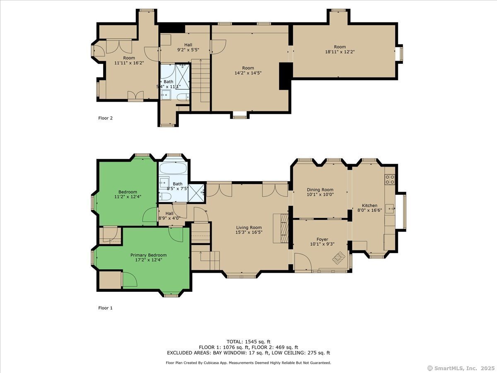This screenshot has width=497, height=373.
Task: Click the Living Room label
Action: (x=249, y=228)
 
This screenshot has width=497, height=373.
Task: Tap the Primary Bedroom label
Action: (x=149, y=255)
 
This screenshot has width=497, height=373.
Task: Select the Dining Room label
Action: (x=320, y=190)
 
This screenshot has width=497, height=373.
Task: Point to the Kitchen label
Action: (x=369, y=206)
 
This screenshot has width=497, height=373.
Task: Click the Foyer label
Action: (x=322, y=239)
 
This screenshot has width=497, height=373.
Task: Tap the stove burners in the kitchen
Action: (x=390, y=179)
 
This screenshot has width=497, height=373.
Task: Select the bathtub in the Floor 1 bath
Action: (x=173, y=169)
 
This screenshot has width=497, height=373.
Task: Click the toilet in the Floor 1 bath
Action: (x=164, y=196)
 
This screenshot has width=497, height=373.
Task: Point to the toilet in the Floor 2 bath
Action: (x=183, y=97)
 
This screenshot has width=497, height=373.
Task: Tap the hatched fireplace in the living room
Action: (x=285, y=228)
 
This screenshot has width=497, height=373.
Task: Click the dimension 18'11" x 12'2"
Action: (x=340, y=52)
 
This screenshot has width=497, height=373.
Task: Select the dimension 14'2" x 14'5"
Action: (x=248, y=73)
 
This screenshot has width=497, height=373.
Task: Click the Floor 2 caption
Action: (x=105, y=118)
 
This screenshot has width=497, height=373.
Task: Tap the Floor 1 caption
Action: (x=105, y=308)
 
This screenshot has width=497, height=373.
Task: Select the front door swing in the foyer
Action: (x=302, y=262)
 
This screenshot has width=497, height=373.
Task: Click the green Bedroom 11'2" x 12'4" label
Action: (x=128, y=194)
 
